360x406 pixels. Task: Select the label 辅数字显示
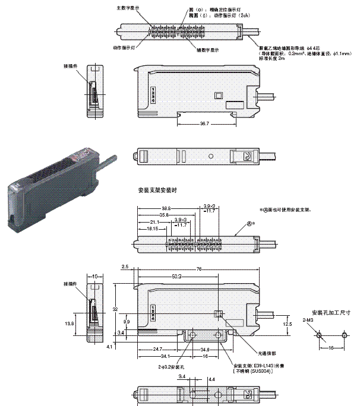tap(206, 50)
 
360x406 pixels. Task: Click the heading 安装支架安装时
tap(157, 191)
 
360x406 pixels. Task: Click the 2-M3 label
tap(308, 320)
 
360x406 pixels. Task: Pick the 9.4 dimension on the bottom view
tap(182, 376)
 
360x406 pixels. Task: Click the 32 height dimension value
tap(115, 309)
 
